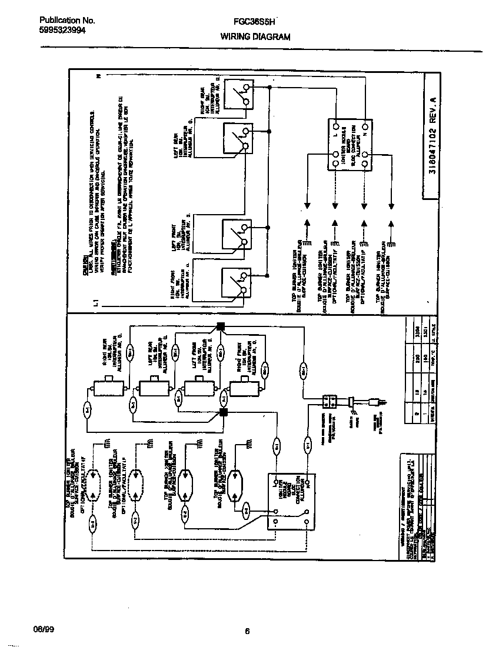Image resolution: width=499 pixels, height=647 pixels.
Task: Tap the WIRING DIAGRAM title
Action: [255, 36]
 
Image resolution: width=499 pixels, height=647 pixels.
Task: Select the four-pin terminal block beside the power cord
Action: [330, 402]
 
